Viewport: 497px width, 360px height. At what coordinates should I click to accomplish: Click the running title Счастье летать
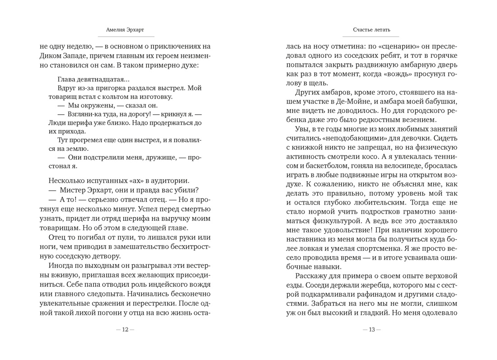(372, 30)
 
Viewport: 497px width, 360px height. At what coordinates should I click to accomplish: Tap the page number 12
(125, 330)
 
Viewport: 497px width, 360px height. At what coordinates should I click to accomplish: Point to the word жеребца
(375, 285)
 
